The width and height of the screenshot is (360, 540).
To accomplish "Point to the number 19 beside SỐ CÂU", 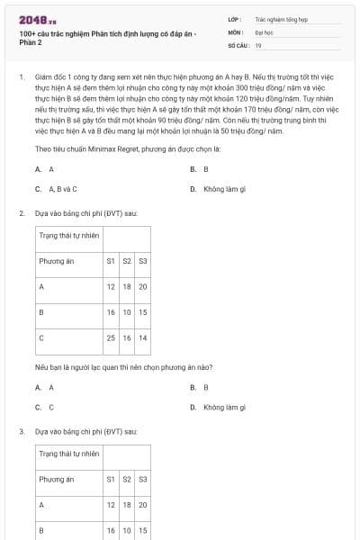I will tap(259, 45).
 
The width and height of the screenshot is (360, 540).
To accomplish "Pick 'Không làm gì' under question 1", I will tap(219, 189).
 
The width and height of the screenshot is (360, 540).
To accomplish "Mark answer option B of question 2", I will tap(205, 387).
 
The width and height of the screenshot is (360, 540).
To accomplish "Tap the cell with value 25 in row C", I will tap(111, 337).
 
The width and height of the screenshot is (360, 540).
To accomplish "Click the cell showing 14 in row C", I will tap(142, 337).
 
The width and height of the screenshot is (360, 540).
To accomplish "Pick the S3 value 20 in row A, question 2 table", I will tap(142, 286).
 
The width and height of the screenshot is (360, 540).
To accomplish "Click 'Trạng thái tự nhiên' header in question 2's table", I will tap(68, 235).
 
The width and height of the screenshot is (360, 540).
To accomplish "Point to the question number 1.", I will tap(21, 77).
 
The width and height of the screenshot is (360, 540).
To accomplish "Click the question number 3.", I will tap(21, 432).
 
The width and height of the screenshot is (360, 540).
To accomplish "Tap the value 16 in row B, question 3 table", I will tap(111, 531).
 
